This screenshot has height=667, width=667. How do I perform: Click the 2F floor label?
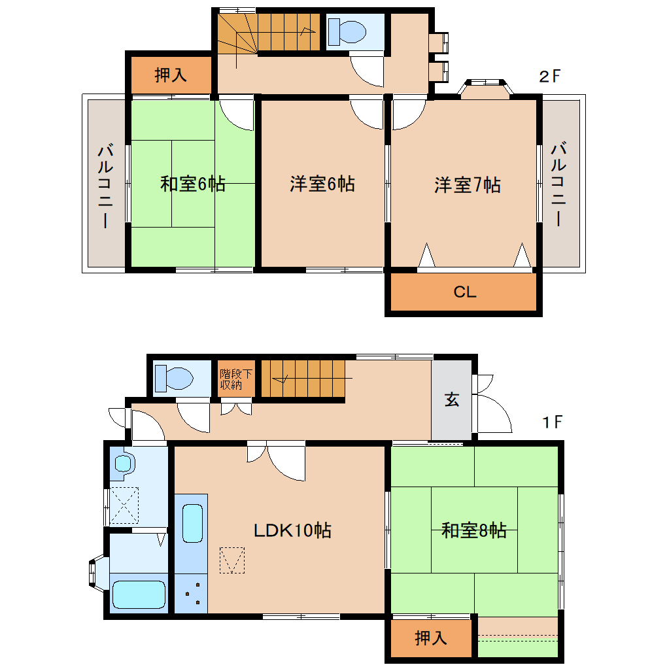click(x=549, y=77)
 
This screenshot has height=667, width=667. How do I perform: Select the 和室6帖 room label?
click(x=193, y=184)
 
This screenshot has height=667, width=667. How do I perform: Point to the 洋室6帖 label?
click(x=322, y=184)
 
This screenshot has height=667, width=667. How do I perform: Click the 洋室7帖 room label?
click(x=468, y=185)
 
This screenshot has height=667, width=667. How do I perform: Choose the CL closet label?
click(x=464, y=292)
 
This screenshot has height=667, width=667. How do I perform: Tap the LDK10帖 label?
click(x=292, y=530)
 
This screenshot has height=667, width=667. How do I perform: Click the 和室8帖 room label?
click(x=474, y=530)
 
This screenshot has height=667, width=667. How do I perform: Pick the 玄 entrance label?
click(x=452, y=399)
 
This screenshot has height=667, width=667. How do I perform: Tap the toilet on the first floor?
click(x=173, y=378)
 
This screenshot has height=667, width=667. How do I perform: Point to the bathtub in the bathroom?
click(x=139, y=594)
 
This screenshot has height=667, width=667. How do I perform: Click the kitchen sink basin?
click(x=192, y=523)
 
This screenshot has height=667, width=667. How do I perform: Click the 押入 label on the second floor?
click(x=171, y=75)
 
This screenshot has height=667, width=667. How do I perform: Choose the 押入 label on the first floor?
click(x=431, y=638)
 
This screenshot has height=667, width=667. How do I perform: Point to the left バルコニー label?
click(x=104, y=185)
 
